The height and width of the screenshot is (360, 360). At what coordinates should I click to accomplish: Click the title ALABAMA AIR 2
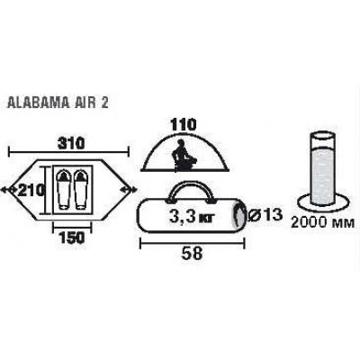pyautogui.click(x=57, y=103)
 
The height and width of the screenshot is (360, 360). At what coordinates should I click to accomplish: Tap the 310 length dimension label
pyautogui.click(x=70, y=143)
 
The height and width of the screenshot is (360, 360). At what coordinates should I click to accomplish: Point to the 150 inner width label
pyautogui.click(x=71, y=238)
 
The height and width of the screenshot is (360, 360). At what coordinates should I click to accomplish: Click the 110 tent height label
pyautogui.click(x=184, y=124)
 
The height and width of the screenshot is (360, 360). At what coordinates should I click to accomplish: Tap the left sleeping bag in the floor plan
pyautogui.click(x=63, y=190)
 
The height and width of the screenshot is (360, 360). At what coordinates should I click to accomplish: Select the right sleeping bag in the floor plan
pyautogui.click(x=80, y=190)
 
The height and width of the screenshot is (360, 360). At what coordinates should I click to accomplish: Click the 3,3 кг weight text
pyautogui.click(x=192, y=216)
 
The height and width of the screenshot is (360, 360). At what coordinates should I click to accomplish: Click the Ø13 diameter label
pyautogui.click(x=265, y=214)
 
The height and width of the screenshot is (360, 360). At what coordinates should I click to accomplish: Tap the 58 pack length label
pyautogui.click(x=193, y=254)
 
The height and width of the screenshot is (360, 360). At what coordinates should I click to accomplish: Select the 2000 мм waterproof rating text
pyautogui.click(x=323, y=222)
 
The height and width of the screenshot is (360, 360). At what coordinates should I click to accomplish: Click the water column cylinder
pyautogui.click(x=322, y=169)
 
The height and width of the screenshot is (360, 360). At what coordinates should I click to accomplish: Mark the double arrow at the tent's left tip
pyautogui.click(x=8, y=189)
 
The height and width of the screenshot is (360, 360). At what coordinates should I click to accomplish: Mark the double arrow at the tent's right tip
pyautogui.click(x=129, y=189)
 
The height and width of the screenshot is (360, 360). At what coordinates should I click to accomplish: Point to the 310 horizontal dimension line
pyautogui.click(x=69, y=152)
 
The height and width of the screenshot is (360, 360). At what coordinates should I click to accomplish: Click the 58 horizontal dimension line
pyautogui.click(x=193, y=243)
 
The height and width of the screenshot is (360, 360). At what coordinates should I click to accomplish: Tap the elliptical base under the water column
pyautogui.click(x=322, y=202)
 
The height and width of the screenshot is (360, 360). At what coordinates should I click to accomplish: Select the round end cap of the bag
pyautogui.click(x=240, y=215)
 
